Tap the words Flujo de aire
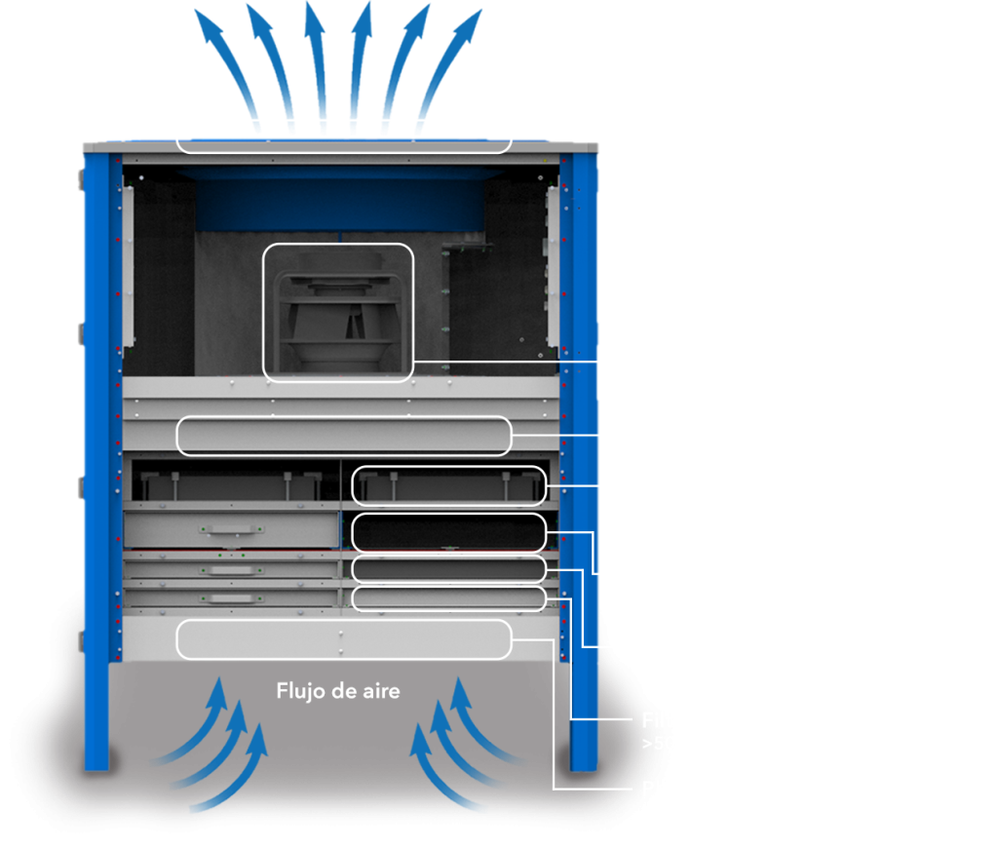tap(338, 691)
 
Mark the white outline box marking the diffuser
tap(343, 136)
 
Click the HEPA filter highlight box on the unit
tap(448, 485)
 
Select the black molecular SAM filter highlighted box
tap(448, 532)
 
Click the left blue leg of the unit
tap(96, 487)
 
